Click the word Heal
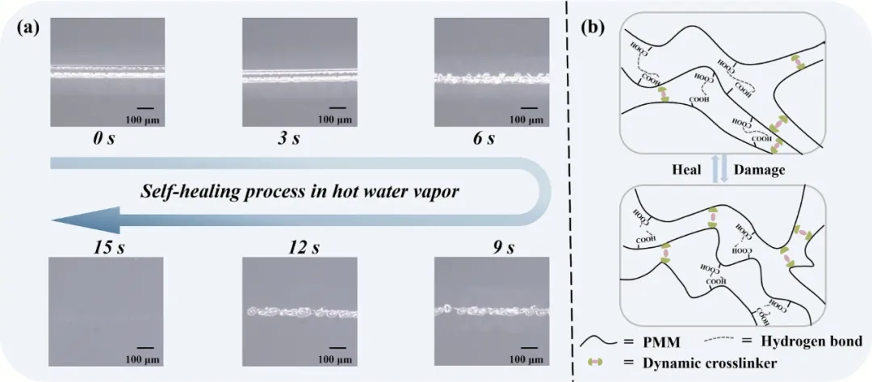point(691,171)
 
